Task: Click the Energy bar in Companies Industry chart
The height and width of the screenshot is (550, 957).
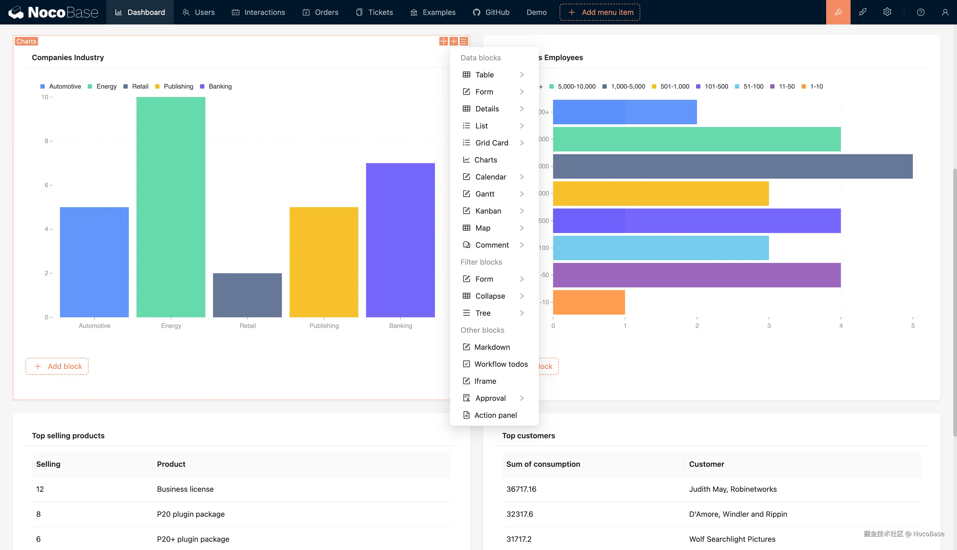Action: [171, 207]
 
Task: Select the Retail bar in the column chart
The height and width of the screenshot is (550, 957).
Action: [247, 295]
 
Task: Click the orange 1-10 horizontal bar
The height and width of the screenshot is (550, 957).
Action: [589, 302]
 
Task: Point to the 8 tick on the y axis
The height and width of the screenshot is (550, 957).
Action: [47, 141]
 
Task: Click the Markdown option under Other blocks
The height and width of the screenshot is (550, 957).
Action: [492, 347]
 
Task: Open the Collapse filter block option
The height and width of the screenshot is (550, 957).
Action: [490, 296]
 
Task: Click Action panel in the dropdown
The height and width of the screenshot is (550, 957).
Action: [495, 415]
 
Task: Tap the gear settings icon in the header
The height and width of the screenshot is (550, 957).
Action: [887, 12]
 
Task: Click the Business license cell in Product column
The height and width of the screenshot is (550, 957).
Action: [185, 489]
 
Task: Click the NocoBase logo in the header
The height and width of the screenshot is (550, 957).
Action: [53, 12]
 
